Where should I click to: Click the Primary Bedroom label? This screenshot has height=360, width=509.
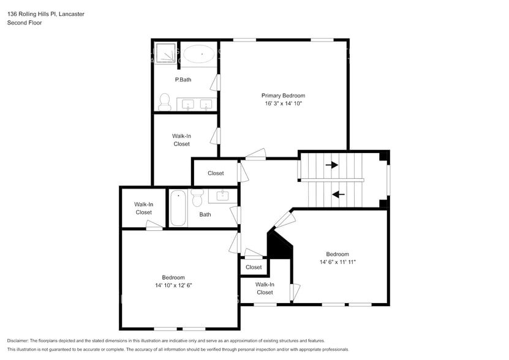(283, 96)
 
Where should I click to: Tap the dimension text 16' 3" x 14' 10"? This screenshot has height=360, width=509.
(283, 104)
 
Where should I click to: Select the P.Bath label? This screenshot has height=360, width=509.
(182, 80)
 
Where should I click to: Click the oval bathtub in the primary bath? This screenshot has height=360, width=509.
(199, 54)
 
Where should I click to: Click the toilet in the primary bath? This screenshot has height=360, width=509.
(164, 101)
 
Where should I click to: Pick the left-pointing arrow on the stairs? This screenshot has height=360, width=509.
(337, 195)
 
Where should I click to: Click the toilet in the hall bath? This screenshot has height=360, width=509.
(197, 198)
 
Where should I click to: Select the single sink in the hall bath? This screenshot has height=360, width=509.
(222, 196)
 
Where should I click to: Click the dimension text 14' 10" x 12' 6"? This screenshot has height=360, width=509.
(173, 286)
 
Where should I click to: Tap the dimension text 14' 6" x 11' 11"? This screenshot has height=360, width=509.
(337, 262)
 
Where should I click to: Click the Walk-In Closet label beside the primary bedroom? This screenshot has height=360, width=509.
(181, 140)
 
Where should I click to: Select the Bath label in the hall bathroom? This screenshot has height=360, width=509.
(205, 214)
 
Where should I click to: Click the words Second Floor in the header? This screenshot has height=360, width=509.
(24, 23)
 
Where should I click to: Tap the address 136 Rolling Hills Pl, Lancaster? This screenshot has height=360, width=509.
(46, 13)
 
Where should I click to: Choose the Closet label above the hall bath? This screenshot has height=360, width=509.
(216, 173)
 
